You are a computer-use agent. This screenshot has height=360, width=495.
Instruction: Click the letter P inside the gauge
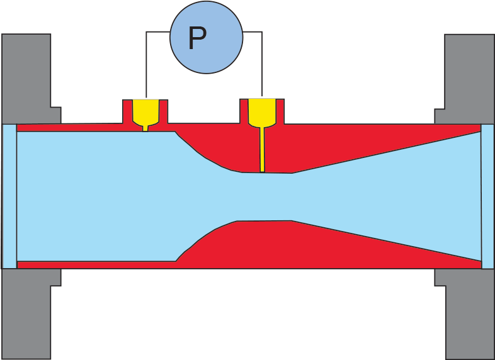[x=197, y=38]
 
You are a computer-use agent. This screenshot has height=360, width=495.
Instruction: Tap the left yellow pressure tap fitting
[x=145, y=111]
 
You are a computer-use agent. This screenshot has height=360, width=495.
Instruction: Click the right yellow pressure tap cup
[x=261, y=111]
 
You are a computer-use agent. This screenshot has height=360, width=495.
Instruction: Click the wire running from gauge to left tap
[x=147, y=63]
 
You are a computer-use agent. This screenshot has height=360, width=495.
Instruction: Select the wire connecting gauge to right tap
[x=261, y=63]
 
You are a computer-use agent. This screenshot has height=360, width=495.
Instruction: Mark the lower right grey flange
[x=469, y=315]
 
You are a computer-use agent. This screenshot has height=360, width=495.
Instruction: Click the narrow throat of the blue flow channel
[x=265, y=196]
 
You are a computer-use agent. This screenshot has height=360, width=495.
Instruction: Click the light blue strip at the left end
[x=9, y=196]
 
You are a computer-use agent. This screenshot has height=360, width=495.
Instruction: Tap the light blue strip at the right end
[x=487, y=196]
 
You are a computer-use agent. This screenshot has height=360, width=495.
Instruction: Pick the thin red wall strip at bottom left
[x=94, y=264]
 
